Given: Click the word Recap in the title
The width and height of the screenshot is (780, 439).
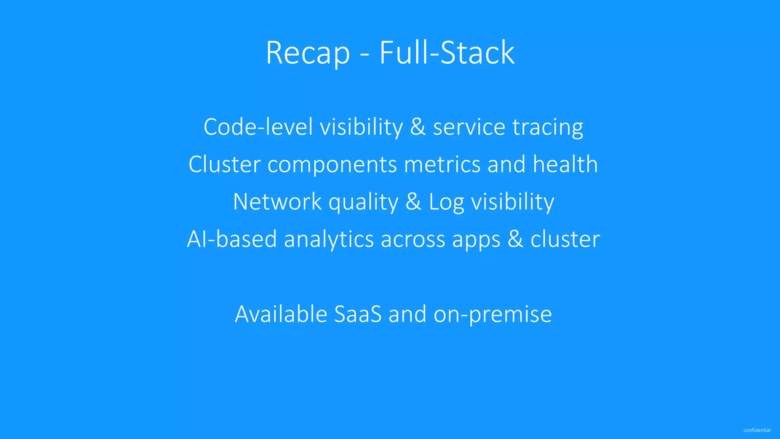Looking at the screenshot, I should click(308, 53).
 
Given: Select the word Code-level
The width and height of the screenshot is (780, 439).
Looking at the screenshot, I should click(258, 127).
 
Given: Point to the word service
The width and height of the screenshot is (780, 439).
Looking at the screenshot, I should click(469, 127).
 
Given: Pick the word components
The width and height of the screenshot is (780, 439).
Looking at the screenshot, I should click(332, 165).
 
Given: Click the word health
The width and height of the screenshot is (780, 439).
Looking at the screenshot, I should click(565, 164).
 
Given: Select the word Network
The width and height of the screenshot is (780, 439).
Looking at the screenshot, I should click(277, 202).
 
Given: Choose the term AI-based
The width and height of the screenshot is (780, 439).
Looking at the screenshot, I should click(232, 239).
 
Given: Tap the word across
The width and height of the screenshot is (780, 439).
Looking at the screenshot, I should click(413, 240).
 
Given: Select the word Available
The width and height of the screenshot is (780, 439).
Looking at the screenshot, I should click(281, 314).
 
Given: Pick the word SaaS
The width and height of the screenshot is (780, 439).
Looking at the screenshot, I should click(358, 314).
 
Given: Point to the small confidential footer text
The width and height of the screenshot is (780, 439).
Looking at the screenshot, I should click(757, 430).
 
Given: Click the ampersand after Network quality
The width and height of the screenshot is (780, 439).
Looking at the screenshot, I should click(413, 202).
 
